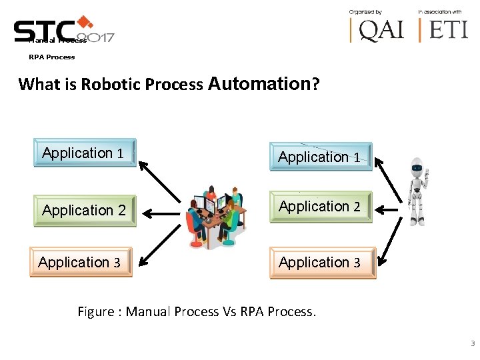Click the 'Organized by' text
(x=365, y=12)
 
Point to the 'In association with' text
(x=440, y=12)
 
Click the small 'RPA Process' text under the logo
(x=51, y=57)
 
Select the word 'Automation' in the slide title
(x=259, y=84)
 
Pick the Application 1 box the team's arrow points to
(x=85, y=153)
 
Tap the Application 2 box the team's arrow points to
(x=85, y=211)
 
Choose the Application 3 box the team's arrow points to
(x=81, y=262)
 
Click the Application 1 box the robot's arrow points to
(x=321, y=157)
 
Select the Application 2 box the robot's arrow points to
(x=321, y=207)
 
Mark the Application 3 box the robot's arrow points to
(x=322, y=263)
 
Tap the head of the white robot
(x=417, y=166)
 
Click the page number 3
(x=472, y=344)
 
